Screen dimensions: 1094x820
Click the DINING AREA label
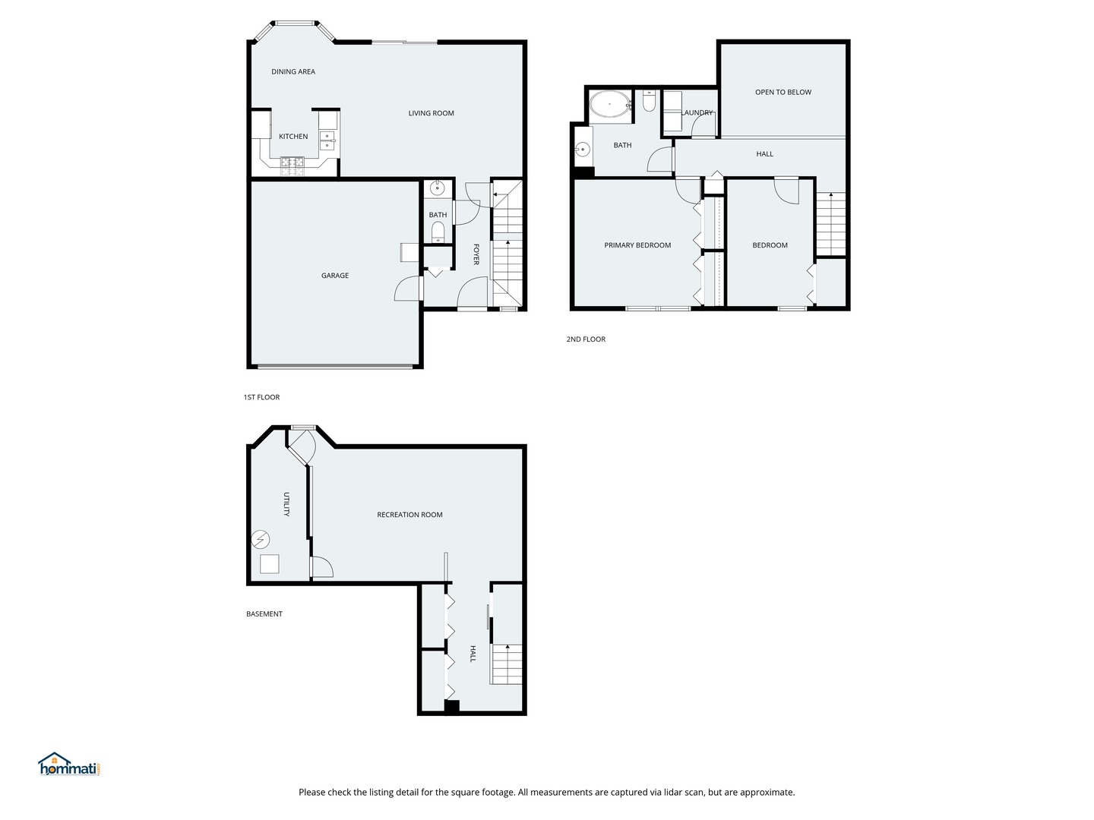[293, 71]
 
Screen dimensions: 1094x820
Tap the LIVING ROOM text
[431, 114]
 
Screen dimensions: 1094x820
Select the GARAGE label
[335, 276]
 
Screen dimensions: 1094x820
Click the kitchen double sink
[327, 140]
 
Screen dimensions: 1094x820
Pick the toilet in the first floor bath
[438, 232]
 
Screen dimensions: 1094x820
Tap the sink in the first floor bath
[437, 188]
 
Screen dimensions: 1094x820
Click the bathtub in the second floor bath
[610, 104]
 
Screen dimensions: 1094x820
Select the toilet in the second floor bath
[649, 100]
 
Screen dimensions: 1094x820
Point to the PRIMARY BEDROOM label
[637, 245]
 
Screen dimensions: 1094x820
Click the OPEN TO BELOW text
[783, 92]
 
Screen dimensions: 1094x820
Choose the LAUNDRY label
[697, 113]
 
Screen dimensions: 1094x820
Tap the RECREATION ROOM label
[409, 515]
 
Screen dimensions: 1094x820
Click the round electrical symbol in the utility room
[260, 539]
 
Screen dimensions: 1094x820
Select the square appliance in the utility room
[270, 564]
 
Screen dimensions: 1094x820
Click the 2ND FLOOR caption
[586, 339]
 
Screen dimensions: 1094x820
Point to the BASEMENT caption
[264, 614]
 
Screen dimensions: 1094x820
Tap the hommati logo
[69, 765]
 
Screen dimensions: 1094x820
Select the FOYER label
[476, 254]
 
